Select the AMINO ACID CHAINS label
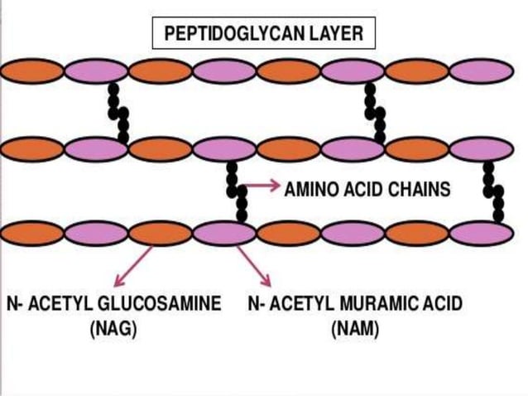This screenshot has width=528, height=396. [367, 189]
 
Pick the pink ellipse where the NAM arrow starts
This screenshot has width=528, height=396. [224, 234]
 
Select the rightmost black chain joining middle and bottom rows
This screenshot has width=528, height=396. [494, 192]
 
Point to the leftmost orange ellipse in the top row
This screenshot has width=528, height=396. [32, 71]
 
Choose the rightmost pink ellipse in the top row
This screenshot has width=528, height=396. [481, 71]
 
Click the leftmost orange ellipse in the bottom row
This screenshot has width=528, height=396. [32, 234]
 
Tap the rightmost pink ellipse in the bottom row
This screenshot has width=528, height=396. [481, 234]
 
